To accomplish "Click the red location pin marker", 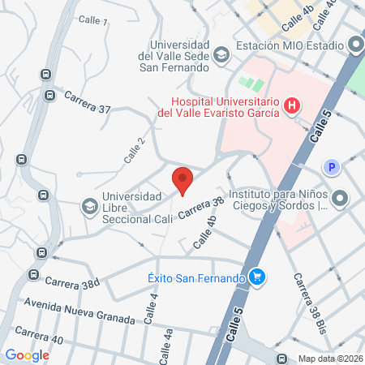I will (183, 180).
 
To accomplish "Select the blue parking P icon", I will (331, 168).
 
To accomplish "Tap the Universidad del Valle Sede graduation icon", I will (221, 54).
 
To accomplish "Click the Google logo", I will (28, 355).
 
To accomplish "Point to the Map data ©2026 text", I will (329, 358).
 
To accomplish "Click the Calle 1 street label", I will (93, 19).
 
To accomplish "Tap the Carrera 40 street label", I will (38, 336).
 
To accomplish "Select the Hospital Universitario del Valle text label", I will (219, 107).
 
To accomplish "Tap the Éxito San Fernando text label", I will (197, 279).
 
